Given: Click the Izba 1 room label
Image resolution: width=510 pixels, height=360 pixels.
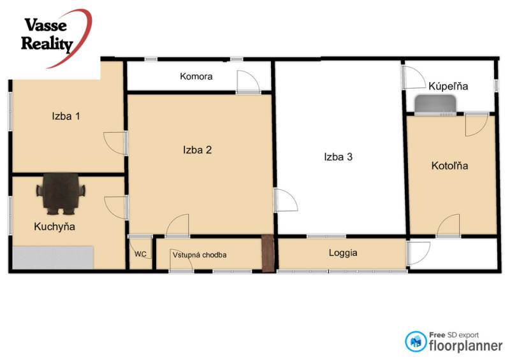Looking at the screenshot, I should [x=66, y=116].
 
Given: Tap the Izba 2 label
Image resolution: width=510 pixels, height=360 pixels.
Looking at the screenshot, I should [x=197, y=150].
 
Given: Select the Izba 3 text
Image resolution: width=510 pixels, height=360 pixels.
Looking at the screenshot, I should [x=338, y=157].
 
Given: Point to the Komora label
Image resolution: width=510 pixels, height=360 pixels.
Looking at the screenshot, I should [x=196, y=76].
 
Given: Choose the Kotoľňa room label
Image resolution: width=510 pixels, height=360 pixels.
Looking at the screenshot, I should [x=450, y=166].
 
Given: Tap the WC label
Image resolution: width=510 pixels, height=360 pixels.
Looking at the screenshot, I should [x=140, y=254].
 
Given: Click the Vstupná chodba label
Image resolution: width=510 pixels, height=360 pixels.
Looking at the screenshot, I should [x=200, y=255].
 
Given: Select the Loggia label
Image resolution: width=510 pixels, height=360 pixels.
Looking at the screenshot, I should [x=343, y=252].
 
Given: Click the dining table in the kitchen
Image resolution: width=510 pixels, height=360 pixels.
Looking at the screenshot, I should [x=61, y=192].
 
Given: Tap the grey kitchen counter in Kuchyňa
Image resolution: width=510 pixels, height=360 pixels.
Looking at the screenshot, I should [x=53, y=257].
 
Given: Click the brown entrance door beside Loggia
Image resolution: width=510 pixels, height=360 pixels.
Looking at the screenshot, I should [x=268, y=254].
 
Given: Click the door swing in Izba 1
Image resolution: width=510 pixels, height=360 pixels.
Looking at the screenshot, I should [x=115, y=142].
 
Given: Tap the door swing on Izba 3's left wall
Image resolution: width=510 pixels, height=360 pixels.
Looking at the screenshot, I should [x=285, y=201].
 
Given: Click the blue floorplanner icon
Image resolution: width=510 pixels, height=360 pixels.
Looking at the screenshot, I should [x=416, y=341].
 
